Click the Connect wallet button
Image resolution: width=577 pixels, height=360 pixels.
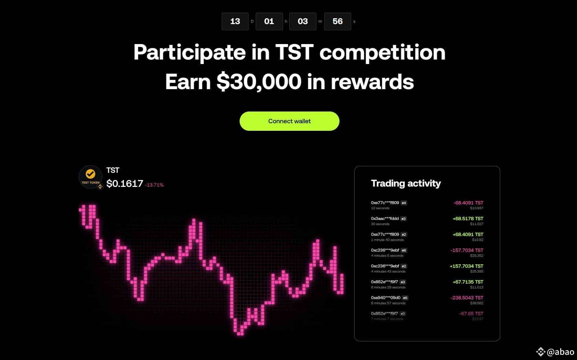[x=289, y=121]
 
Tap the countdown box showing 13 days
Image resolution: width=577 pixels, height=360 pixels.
[x=235, y=21]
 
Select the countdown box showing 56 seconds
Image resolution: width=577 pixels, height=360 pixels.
[x=337, y=21]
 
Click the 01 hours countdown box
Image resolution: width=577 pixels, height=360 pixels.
[x=269, y=21]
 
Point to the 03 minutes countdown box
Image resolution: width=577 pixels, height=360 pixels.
[x=303, y=21]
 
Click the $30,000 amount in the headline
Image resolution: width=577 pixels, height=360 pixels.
[x=259, y=82]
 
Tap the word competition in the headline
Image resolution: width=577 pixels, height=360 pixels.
[x=382, y=52]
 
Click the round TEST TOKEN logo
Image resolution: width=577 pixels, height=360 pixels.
[x=91, y=177]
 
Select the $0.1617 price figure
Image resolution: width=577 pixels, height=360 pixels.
[x=125, y=184]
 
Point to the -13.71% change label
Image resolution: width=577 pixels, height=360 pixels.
[x=154, y=185]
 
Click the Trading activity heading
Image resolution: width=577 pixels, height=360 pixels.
[x=406, y=183]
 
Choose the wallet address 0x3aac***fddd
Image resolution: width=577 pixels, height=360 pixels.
[x=385, y=219]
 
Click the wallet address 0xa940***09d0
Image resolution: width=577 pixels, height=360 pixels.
[x=386, y=298]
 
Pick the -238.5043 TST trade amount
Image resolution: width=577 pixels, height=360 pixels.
[x=466, y=298]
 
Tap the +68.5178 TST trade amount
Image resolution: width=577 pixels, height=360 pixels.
[x=468, y=219]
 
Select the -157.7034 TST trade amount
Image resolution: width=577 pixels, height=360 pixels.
[x=466, y=250]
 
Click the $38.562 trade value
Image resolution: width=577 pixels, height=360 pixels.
[x=477, y=303]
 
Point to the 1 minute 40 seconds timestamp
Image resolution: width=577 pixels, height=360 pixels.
[x=387, y=240]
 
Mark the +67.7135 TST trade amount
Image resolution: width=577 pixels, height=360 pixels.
[x=468, y=282]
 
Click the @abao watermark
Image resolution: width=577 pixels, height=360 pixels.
[x=560, y=352]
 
